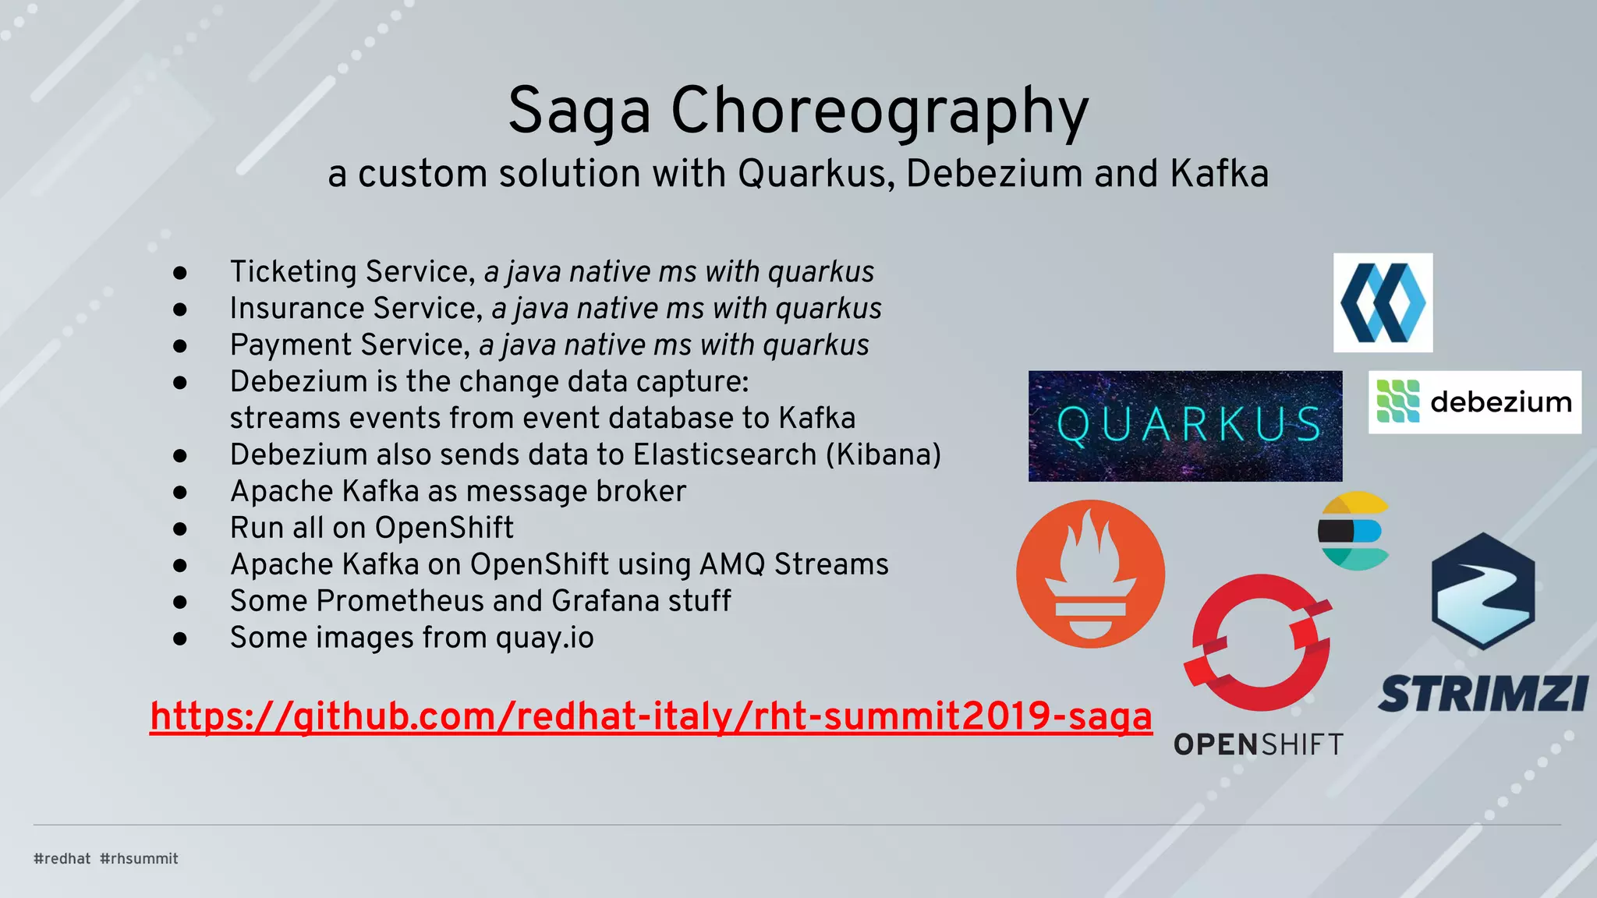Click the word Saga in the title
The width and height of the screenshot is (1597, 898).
click(x=579, y=111)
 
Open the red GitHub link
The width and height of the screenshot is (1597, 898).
click(x=650, y=716)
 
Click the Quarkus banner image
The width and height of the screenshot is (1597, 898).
click(x=1184, y=426)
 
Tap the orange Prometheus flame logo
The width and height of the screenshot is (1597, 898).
click(x=1090, y=574)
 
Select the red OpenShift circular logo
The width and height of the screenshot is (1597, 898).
click(x=1259, y=642)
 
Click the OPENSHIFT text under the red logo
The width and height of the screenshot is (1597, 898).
click(x=1258, y=745)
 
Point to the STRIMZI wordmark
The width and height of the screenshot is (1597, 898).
click(x=1482, y=693)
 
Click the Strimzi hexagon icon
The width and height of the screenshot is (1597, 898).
click(x=1482, y=591)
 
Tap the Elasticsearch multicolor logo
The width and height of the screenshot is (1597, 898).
click(x=1354, y=531)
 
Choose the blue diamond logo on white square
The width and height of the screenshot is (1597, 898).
click(x=1383, y=302)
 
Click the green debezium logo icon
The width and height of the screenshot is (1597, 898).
click(x=1397, y=401)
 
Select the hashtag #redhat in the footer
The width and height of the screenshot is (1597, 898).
click(x=62, y=858)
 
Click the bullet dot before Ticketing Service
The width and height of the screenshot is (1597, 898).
click(x=180, y=273)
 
